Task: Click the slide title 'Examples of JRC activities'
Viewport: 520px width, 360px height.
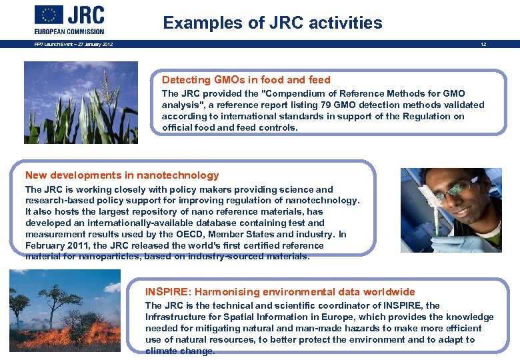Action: tap(273, 23)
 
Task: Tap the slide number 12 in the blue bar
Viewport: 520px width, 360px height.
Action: tap(483, 45)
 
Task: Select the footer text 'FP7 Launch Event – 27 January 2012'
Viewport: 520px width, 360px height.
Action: tap(74, 45)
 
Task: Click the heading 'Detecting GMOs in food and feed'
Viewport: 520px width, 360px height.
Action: tap(246, 79)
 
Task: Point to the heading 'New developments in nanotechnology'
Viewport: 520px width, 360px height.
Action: tap(122, 175)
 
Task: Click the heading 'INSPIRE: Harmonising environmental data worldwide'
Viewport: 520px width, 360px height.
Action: tap(280, 291)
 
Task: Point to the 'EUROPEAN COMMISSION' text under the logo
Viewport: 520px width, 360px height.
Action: tap(69, 31)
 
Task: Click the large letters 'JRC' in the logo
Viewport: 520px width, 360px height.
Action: tap(86, 15)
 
